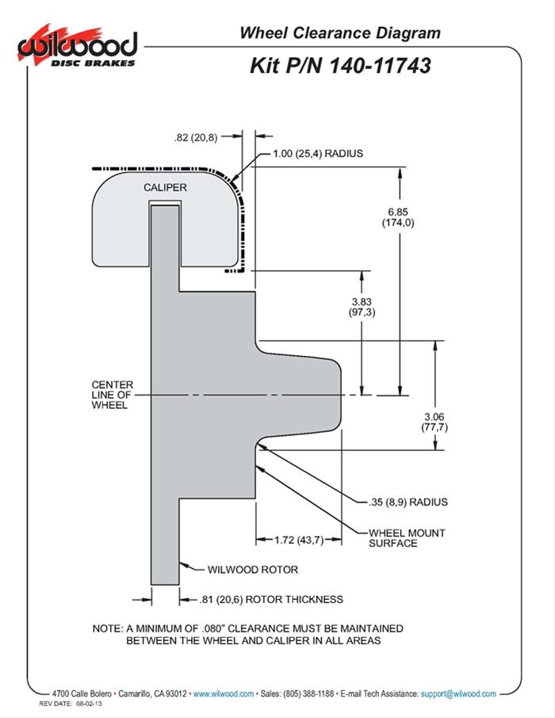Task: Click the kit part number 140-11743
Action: coord(340,65)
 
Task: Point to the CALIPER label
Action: coord(165,187)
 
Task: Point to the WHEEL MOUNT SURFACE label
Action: coord(407,537)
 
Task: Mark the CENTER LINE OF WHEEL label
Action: coord(113,395)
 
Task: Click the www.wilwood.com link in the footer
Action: coord(224,693)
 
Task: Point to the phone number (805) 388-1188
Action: coord(301,693)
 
